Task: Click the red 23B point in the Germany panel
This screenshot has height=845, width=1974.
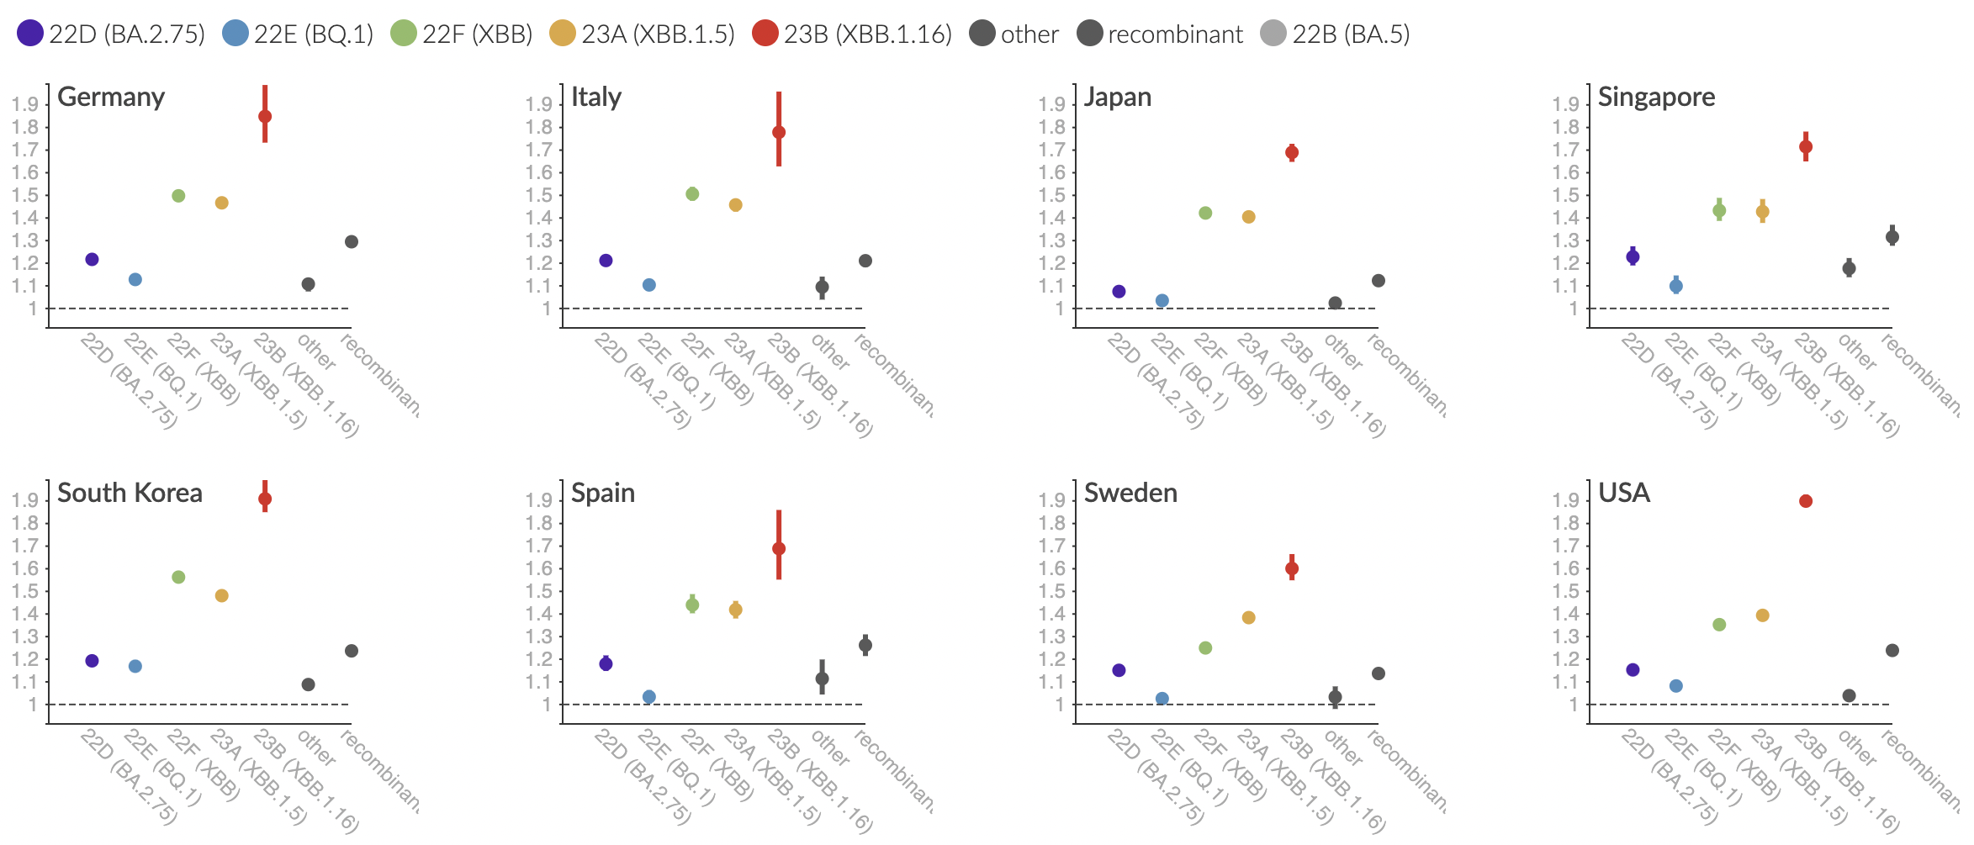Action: (265, 116)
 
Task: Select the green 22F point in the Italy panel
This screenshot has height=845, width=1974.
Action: (692, 194)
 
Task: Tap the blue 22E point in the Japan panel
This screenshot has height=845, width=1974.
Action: (1162, 300)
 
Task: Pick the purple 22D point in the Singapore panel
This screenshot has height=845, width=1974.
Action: (1633, 256)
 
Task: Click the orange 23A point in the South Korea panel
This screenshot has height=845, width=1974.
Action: (222, 595)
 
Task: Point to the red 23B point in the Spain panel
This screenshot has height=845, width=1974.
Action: (779, 548)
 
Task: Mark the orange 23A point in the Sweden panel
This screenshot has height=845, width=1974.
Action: (1249, 617)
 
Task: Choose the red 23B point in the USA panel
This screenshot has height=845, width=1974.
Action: (1806, 501)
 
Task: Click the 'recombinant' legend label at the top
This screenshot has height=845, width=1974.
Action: (1174, 34)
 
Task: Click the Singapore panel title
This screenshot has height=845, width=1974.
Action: (1656, 97)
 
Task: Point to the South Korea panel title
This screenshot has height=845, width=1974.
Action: (130, 493)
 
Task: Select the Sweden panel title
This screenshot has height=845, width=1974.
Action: (1130, 493)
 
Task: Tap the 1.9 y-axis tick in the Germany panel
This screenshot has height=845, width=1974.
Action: (25, 104)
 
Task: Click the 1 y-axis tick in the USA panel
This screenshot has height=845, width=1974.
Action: (1574, 705)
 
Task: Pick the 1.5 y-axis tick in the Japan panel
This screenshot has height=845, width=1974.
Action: (1051, 195)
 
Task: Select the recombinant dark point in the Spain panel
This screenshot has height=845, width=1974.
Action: (865, 645)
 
